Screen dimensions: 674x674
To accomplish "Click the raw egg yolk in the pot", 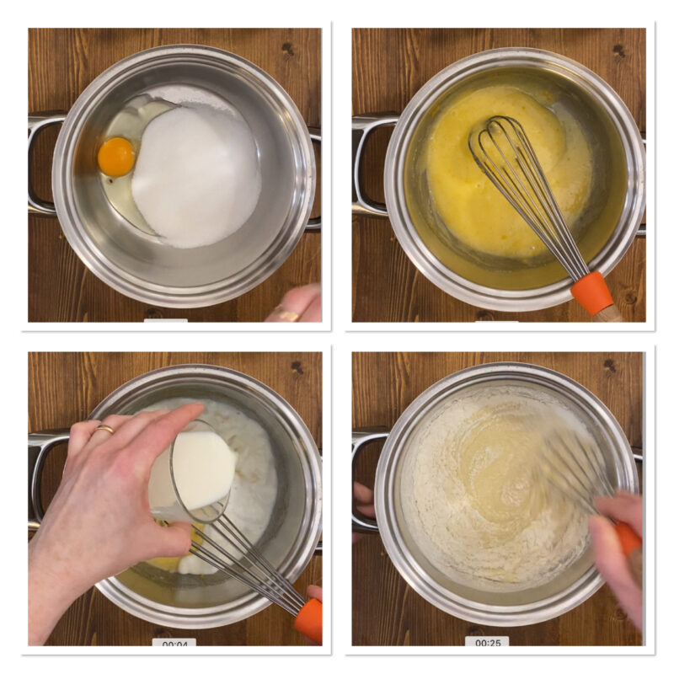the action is pyautogui.click(x=116, y=157).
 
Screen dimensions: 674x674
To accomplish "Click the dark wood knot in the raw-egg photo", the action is pyautogui.click(x=287, y=50).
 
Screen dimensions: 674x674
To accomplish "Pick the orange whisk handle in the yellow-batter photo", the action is pyautogui.click(x=592, y=293).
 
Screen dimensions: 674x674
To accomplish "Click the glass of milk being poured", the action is pyautogui.click(x=194, y=472).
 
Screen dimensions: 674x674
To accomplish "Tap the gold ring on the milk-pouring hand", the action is pyautogui.click(x=105, y=429).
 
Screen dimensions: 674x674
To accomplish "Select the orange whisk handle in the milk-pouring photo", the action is pyautogui.click(x=309, y=620).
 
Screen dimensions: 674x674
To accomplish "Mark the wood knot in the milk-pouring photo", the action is pyautogui.click(x=297, y=367).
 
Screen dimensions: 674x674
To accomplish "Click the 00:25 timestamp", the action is pyautogui.click(x=488, y=643).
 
